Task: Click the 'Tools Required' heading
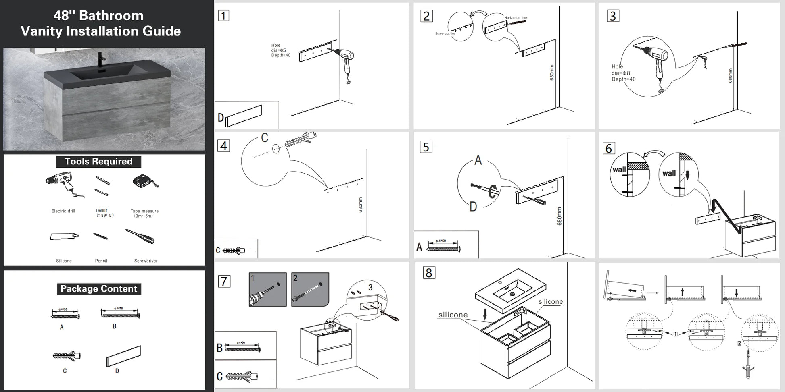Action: point(98,162)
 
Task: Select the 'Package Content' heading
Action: point(99,289)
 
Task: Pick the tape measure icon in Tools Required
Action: point(145,182)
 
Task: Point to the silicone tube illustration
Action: point(64,236)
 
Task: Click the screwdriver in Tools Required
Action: point(140,236)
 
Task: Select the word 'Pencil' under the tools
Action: point(101,261)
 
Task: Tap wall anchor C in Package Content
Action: point(66,356)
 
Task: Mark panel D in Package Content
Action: point(123,356)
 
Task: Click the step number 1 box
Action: point(223,16)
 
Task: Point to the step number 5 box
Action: point(426,147)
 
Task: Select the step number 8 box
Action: point(429,273)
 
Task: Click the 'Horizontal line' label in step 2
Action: point(515,18)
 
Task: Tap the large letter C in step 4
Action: point(265,138)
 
